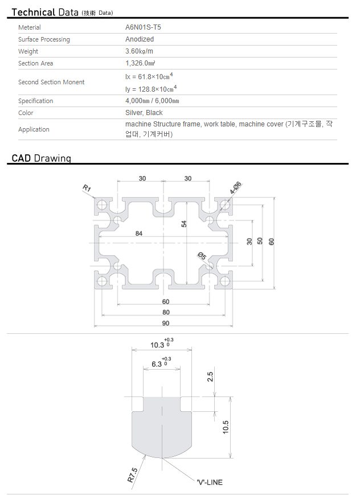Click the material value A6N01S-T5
pyautogui.click(x=143, y=27)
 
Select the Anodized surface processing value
pyautogui.click(x=140, y=39)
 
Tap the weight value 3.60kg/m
pyautogui.click(x=139, y=51)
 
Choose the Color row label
pyautogui.click(x=26, y=113)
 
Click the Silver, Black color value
pyautogui.click(x=144, y=113)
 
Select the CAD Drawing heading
pyautogui.click(x=42, y=158)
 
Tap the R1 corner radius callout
pyautogui.click(x=87, y=189)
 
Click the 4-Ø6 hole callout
pyautogui.click(x=236, y=188)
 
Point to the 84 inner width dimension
pyautogui.click(x=139, y=234)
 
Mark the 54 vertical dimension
pyautogui.click(x=184, y=224)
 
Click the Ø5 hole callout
pyautogui.click(x=202, y=256)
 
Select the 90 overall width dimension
pyautogui.click(x=166, y=324)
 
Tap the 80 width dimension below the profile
pyautogui.click(x=166, y=312)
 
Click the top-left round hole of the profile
pyautogui.click(x=102, y=204)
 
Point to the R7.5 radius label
pyautogui.click(x=133, y=475)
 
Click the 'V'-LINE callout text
pyautogui.click(x=210, y=482)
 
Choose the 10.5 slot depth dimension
pyautogui.click(x=226, y=427)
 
